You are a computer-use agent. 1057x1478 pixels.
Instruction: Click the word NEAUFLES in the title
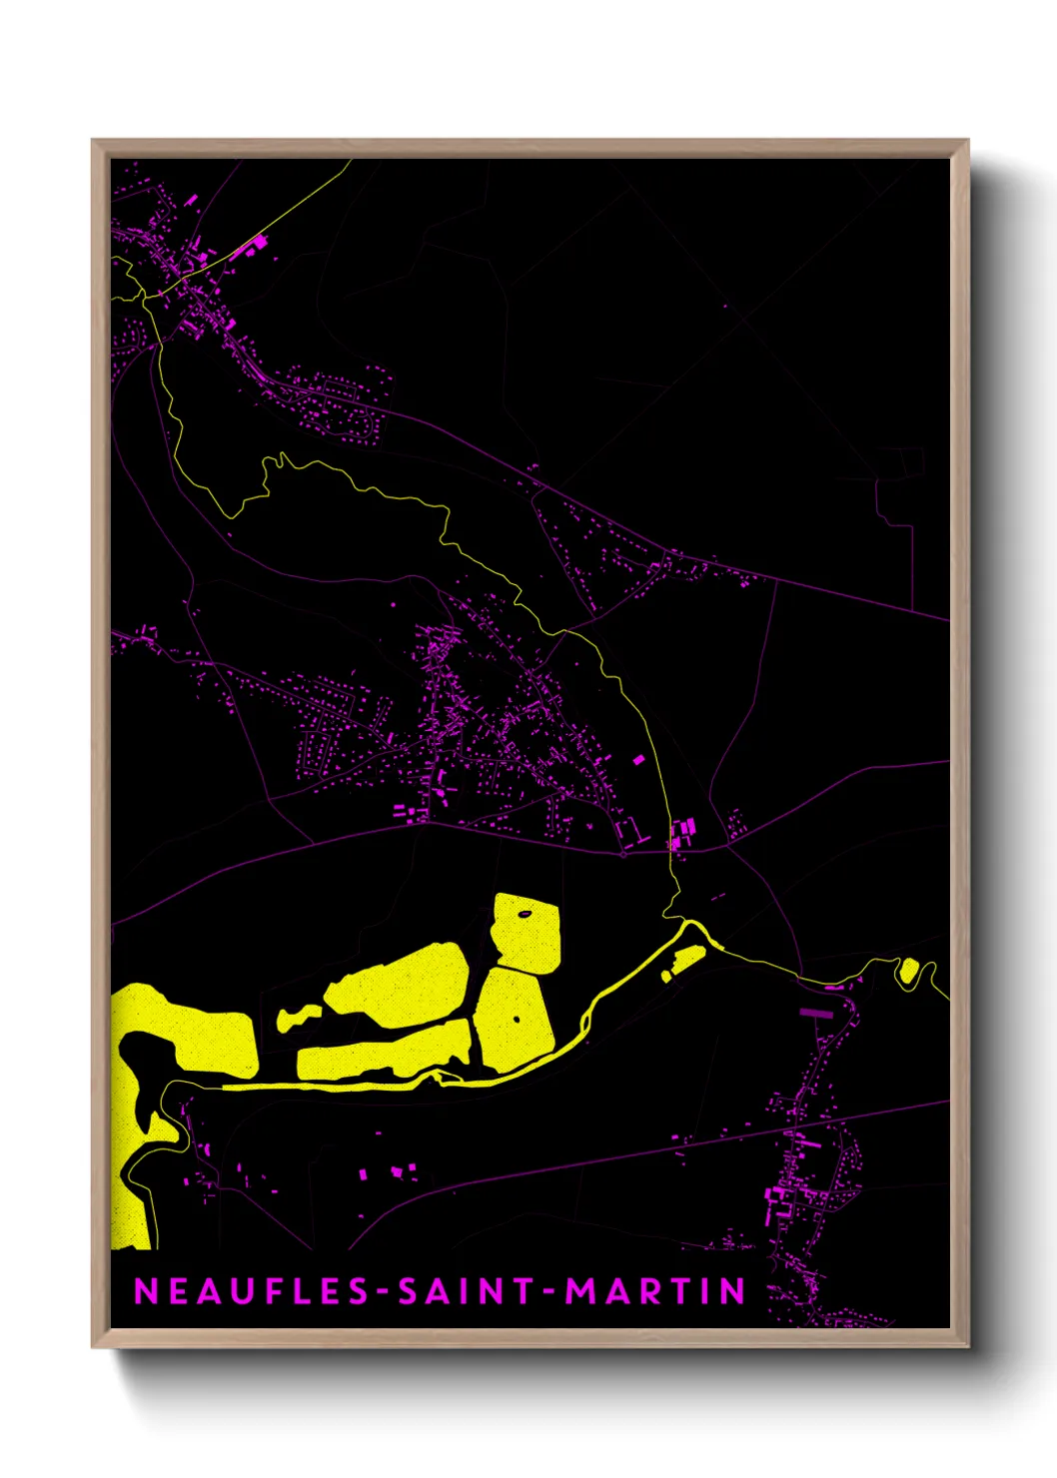click(x=252, y=1291)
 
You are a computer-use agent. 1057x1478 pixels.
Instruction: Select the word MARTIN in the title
click(x=655, y=1291)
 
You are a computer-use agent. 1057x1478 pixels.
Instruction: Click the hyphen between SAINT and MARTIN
click(x=550, y=1292)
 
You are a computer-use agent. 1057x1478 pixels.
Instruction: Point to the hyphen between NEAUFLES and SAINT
click(x=384, y=1292)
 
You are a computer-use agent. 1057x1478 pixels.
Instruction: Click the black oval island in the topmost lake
click(x=524, y=913)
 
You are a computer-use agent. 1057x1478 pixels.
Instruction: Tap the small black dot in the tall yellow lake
click(x=517, y=1019)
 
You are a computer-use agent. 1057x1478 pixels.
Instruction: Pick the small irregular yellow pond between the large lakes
click(x=297, y=1018)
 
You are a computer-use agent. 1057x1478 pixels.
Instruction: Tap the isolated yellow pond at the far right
click(x=909, y=970)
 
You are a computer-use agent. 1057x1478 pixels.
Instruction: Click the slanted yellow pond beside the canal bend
click(x=685, y=962)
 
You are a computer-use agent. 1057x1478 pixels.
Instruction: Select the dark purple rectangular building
click(x=816, y=1013)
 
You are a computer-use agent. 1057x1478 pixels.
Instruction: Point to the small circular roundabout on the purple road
click(x=623, y=855)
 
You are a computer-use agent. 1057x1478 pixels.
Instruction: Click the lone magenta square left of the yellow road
click(x=638, y=760)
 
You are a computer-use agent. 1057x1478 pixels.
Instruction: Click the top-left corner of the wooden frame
click(x=94, y=142)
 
